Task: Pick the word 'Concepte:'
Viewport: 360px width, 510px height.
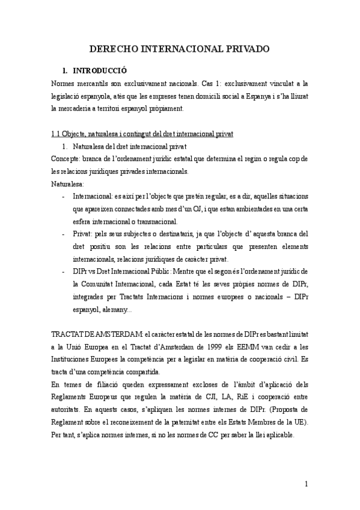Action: (65, 159)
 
